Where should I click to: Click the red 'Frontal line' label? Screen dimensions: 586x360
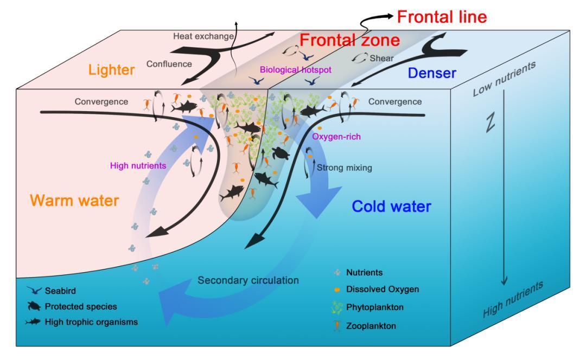[442, 17]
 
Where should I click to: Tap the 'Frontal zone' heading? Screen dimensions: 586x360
[349, 40]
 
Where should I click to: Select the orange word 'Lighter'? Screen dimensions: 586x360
[111, 70]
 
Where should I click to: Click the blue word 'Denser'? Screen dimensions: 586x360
[432, 73]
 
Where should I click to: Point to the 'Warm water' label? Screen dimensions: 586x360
[74, 201]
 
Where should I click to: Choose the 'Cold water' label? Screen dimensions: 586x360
[391, 206]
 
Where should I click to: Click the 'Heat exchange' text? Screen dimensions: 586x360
[203, 36]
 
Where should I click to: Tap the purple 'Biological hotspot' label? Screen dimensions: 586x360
[296, 70]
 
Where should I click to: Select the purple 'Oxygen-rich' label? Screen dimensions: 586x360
[336, 137]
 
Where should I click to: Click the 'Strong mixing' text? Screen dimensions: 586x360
[344, 168]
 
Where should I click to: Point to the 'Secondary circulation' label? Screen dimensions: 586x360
[248, 280]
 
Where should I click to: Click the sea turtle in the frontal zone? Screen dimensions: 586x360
[280, 153]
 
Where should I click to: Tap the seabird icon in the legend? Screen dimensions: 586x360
[34, 290]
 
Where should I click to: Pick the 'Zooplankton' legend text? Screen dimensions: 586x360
[371, 326]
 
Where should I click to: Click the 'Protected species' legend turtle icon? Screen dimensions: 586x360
[34, 306]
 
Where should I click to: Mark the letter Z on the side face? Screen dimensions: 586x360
[491, 123]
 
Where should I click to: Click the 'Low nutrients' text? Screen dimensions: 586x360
[504, 79]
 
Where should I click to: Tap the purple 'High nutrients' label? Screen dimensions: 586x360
[138, 165]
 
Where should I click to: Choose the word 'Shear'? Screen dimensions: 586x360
[381, 58]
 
